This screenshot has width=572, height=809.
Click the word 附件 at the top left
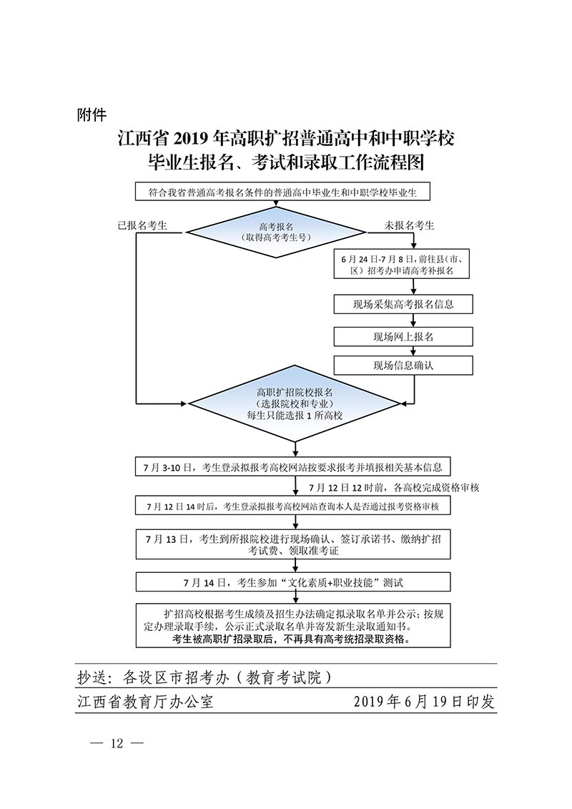tap(91, 114)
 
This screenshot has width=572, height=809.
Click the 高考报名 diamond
tap(276, 231)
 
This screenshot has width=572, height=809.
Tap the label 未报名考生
tap(410, 225)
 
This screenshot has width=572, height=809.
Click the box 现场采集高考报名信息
tap(403, 304)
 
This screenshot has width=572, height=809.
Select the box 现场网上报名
tap(403, 335)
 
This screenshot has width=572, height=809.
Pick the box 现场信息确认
tap(403, 366)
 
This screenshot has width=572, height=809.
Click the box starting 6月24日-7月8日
tap(403, 265)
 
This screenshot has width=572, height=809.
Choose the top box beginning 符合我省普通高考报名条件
tap(283, 192)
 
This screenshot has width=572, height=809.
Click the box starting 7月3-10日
tap(293, 468)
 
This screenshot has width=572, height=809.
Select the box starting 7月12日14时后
tap(293, 506)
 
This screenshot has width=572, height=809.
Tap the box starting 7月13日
tap(293, 544)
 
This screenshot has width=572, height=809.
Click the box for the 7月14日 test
tap(293, 582)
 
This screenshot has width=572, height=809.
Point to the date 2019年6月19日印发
tap(424, 702)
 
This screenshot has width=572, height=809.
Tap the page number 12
tap(117, 743)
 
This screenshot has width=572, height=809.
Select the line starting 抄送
tap(204, 676)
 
